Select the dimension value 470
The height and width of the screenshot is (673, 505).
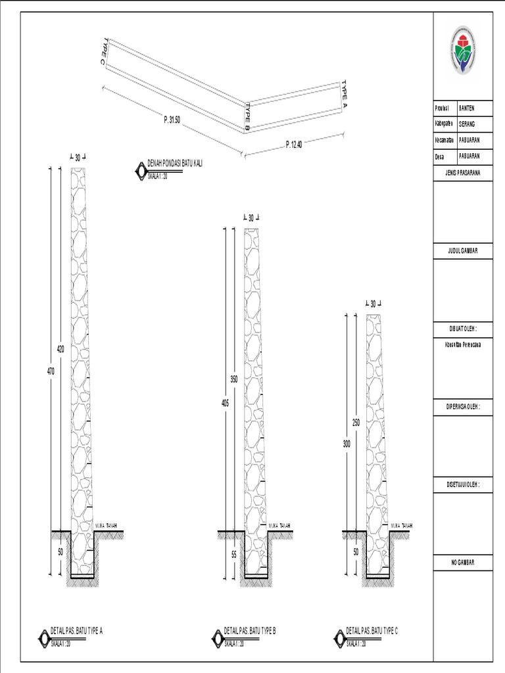pyautogui.click(x=51, y=371)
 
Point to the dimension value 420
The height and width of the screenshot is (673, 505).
pyautogui.click(x=60, y=350)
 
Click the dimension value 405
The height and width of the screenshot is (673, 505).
pyautogui.click(x=225, y=404)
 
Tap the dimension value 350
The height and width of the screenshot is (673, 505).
pyautogui.click(x=233, y=380)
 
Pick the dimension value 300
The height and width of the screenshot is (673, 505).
pyautogui.click(x=347, y=444)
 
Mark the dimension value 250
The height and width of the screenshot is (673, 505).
pyautogui.click(x=356, y=422)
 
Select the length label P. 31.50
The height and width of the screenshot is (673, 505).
pyautogui.click(x=172, y=120)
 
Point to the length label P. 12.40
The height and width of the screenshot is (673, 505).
pyautogui.click(x=294, y=145)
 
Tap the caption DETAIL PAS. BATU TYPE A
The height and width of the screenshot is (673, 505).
pyautogui.click(x=77, y=631)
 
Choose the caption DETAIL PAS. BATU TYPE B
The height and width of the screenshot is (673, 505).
pyautogui.click(x=250, y=631)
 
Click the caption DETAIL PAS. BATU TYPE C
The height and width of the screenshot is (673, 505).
pyautogui.click(x=372, y=631)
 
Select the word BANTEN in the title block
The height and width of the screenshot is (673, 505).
pyautogui.click(x=466, y=108)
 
